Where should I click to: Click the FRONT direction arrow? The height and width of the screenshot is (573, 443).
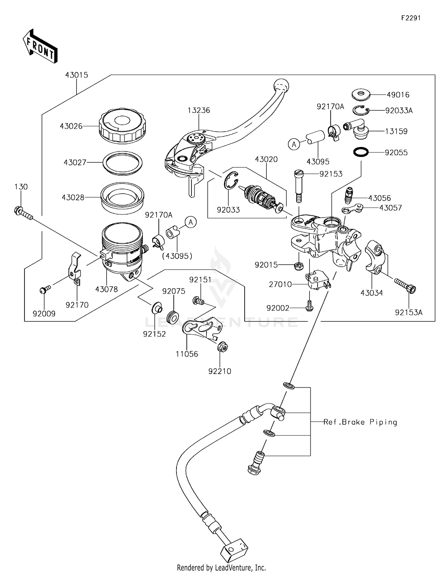[x=40, y=47]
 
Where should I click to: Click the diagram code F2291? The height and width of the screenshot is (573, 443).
[x=411, y=18]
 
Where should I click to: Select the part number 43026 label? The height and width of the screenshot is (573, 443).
[x=71, y=126]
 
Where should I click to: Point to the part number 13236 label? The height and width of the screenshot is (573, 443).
[x=199, y=110]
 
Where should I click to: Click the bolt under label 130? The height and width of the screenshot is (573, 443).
[x=23, y=214]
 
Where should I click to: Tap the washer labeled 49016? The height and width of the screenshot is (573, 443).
[x=361, y=95]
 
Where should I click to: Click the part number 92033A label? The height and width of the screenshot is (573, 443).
[x=399, y=111]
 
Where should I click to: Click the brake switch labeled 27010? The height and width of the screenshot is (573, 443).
[x=318, y=279]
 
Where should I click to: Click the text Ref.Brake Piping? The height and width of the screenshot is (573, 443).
[x=360, y=422]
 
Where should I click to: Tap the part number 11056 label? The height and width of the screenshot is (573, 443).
[x=187, y=354]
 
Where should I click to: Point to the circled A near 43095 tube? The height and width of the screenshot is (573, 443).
[x=294, y=144]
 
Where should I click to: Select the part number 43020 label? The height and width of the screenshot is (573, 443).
[x=266, y=159]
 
